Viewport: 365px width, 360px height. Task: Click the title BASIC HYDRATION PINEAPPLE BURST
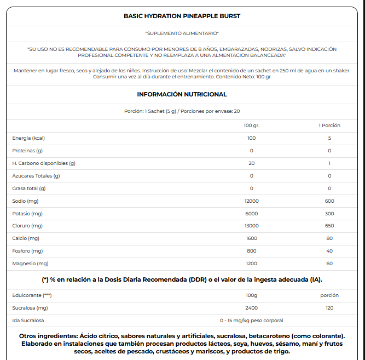point(182,16)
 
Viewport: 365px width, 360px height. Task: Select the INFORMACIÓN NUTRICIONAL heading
point(182,94)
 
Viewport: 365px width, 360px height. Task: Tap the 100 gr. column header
point(252,125)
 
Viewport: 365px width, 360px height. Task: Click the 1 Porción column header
point(329,125)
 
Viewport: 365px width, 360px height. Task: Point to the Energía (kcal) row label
point(28,138)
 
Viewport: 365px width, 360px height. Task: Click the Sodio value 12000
point(252,201)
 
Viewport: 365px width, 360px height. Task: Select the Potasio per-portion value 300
point(329,214)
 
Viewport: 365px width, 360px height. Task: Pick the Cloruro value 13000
point(252,226)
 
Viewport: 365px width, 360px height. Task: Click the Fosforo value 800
point(252,251)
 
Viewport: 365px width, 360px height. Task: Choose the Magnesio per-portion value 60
point(329,264)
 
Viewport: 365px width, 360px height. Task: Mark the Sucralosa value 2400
point(252,308)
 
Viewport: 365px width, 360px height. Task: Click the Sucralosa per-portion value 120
point(329,308)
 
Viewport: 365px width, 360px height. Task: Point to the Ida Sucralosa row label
point(28,321)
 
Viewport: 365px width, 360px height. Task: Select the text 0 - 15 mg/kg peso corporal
point(252,321)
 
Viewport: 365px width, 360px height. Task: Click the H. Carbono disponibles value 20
point(252,163)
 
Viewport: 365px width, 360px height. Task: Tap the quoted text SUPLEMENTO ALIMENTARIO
point(182,33)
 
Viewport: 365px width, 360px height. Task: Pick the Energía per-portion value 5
point(329,138)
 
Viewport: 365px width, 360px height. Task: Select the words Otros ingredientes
point(48,336)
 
